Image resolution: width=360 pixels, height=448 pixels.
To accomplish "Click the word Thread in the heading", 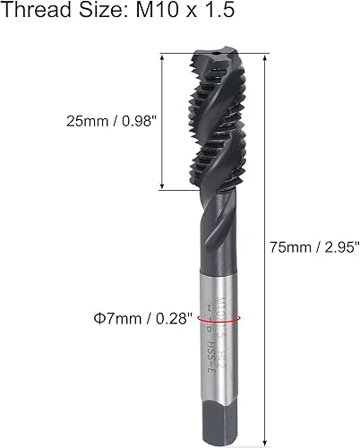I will (32, 13).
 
